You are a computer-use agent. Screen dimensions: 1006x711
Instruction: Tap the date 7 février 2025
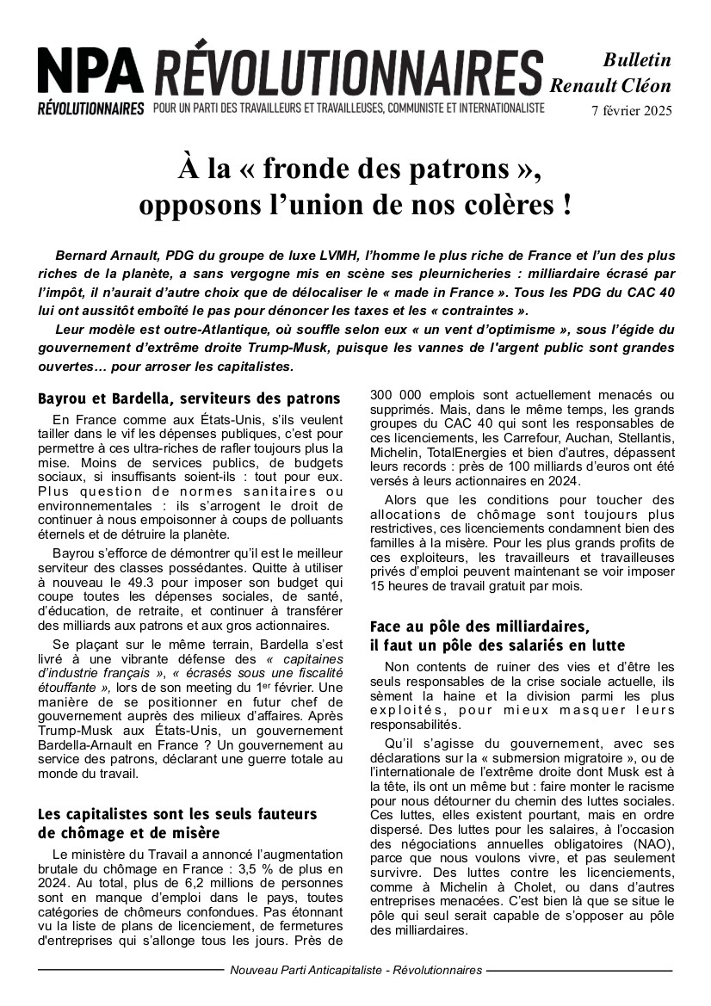631,110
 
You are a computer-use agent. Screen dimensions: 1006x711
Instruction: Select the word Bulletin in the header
636,60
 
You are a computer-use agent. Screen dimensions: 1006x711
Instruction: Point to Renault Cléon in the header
610,85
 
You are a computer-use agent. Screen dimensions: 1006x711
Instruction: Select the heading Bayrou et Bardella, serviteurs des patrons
189,399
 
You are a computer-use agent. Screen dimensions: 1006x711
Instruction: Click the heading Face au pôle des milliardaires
479,626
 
